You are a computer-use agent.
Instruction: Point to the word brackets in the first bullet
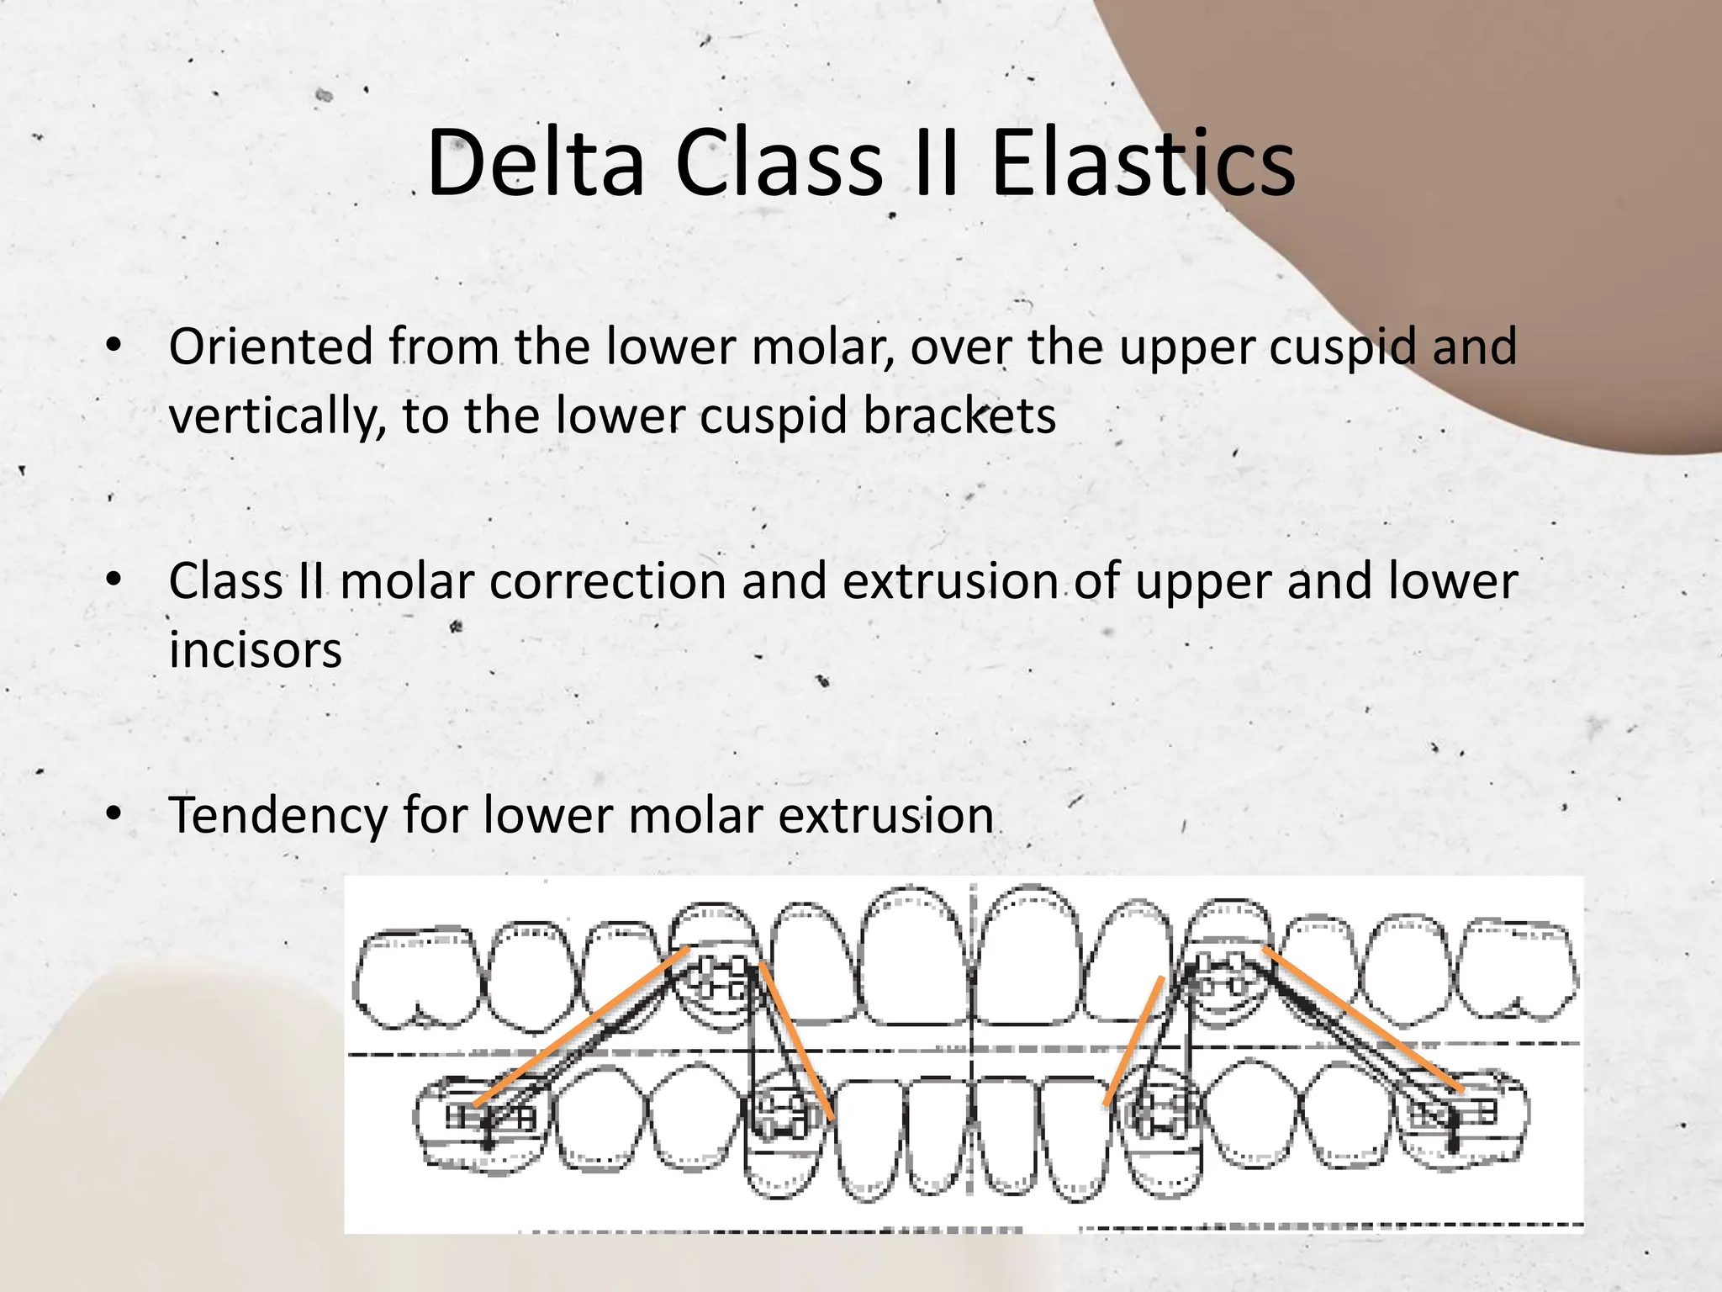959,416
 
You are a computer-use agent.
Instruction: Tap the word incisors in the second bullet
256,649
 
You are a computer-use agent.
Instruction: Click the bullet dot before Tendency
114,814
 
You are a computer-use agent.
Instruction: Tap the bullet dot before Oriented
114,346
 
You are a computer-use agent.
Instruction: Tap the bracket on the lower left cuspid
778,1115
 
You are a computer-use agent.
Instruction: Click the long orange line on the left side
580,1027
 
